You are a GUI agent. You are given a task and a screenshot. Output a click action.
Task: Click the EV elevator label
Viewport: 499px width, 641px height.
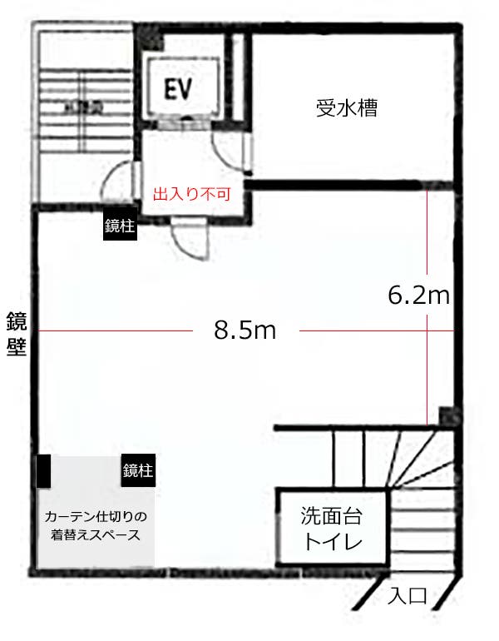178,88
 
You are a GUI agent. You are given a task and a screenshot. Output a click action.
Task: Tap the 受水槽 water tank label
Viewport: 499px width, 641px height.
346,107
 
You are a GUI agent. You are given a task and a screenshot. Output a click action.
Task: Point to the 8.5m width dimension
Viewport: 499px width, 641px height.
245,330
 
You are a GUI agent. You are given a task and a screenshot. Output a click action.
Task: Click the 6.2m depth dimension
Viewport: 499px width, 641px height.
419,294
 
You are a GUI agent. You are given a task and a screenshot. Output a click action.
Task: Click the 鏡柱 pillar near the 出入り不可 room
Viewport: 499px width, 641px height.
119,226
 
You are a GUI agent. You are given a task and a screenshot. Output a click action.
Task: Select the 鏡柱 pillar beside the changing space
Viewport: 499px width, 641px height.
137,470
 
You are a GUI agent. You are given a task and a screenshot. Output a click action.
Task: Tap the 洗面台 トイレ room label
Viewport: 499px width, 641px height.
332,529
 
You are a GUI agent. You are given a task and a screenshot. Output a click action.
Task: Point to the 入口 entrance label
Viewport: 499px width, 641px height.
408,596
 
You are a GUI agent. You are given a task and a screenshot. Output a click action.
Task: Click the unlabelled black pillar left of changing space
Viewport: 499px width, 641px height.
43,472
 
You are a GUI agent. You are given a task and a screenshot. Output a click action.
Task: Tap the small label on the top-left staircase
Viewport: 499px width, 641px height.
84,106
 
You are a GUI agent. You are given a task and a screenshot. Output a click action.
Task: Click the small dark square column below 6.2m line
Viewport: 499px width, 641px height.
447,415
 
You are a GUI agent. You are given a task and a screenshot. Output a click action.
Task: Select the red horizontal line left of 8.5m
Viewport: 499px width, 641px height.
116,331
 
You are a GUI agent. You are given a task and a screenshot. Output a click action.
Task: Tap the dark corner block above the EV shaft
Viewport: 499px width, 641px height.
149,36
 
